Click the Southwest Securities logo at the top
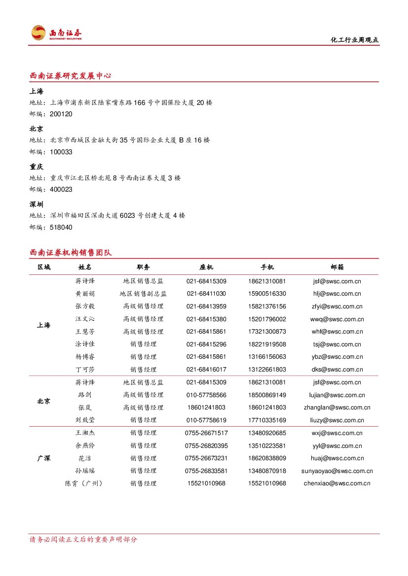56,34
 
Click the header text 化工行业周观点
354,40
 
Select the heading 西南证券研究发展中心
70,76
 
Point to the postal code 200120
61,114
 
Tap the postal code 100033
61,152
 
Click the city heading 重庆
37,167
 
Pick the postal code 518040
61,228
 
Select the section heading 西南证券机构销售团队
71,253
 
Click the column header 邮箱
337,267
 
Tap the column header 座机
206,267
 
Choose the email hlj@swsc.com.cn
337,294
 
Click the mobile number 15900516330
267,294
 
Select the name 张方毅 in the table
85,306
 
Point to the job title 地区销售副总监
143,294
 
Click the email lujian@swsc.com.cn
337,395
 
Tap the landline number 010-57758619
206,420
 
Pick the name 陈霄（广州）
85,483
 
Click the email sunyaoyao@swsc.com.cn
337,471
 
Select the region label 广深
43,458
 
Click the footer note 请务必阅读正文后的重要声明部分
83,540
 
